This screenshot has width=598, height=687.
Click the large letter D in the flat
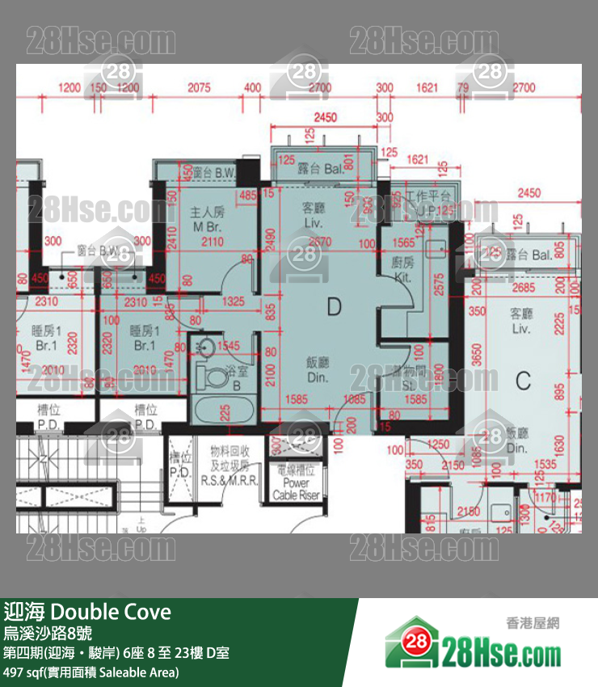[x=335, y=306]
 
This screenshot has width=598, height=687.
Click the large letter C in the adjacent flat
[x=524, y=378]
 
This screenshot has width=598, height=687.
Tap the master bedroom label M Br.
[x=207, y=219]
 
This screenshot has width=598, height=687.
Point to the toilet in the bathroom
[x=217, y=376]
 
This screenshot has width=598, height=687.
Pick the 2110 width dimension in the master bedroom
[x=212, y=242]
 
